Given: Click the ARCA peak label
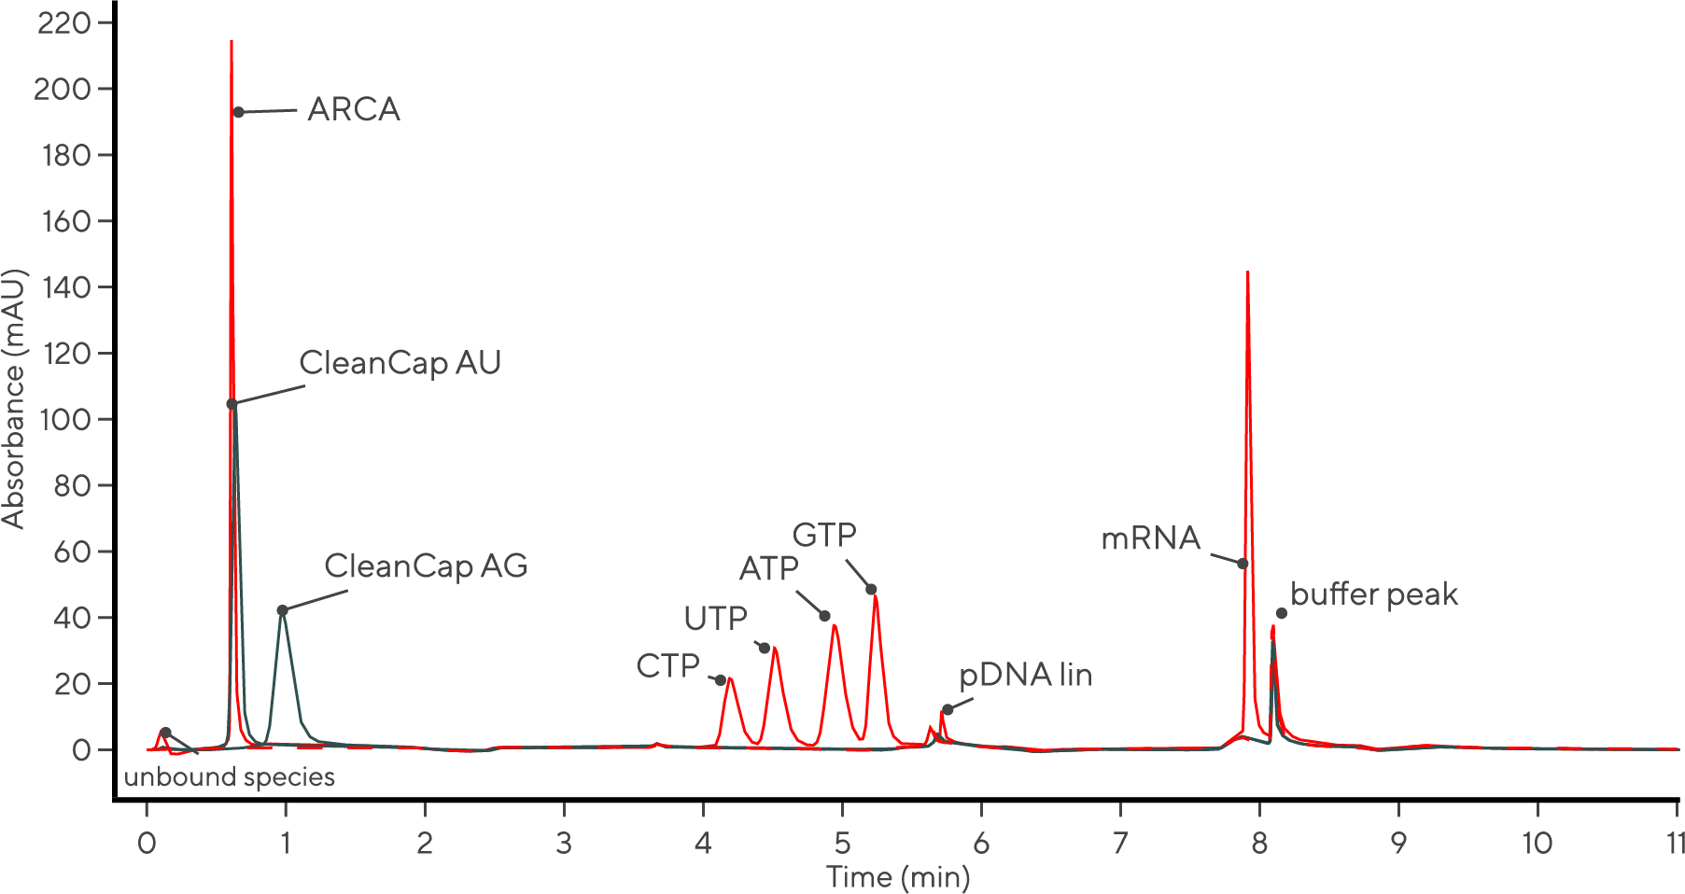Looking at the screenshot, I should pos(353,109).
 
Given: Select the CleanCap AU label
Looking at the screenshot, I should pos(400,363).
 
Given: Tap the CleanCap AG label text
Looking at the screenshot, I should pos(426,566).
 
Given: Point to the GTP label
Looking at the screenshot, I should pos(824,536).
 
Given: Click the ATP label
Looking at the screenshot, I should pos(768,568).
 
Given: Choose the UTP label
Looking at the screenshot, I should pos(715,618).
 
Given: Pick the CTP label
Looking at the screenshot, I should pos(667,666).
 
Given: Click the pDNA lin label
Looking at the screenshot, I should pos(1025,675).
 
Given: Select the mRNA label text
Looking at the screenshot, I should pos(1150,538).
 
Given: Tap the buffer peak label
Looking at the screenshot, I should pos(1373,594).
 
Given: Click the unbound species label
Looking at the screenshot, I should pos(229,777).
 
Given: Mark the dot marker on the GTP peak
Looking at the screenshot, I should pos(871,590).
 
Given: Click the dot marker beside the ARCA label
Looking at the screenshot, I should pos(239,112).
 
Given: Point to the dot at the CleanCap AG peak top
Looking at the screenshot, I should pos(282,610).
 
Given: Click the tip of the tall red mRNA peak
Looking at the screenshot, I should pos(1247,272).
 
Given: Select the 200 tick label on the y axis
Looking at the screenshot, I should pos(62,90).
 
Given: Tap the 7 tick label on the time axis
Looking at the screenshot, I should pos(1119,844).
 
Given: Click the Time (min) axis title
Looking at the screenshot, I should pos(897,877).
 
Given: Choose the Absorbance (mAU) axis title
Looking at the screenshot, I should pos(14,399).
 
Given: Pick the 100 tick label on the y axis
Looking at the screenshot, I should pos(64,420).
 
